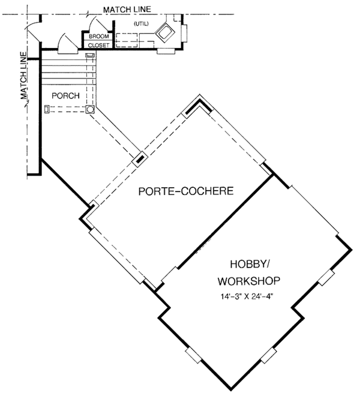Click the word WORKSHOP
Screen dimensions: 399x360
tap(249, 281)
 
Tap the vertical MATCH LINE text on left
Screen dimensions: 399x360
tap(25, 78)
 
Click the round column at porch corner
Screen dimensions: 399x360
tap(90, 110)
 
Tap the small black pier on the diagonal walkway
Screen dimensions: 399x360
tap(140, 159)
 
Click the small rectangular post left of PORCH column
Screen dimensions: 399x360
tap(47, 109)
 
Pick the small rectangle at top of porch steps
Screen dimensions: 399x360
tap(89, 55)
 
